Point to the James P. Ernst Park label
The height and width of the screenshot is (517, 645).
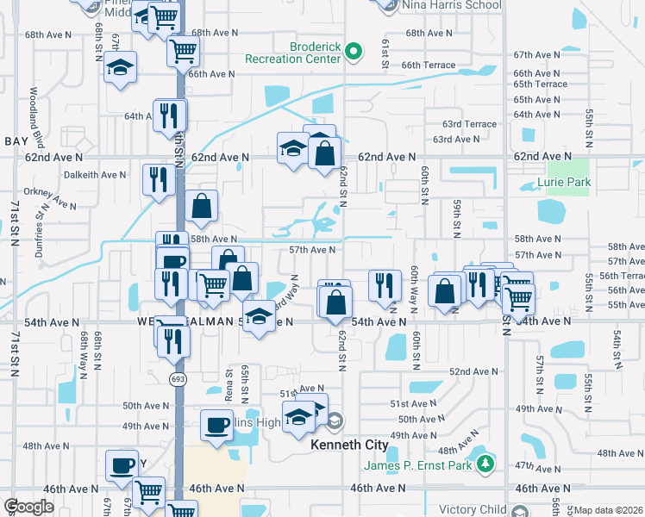tap(417, 465)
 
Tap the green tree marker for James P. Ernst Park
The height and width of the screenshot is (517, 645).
tap(485, 464)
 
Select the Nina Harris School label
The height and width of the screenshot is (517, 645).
tap(451, 5)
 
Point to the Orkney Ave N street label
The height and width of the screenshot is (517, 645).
tap(51, 197)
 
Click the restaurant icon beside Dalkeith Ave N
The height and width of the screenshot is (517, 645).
tap(158, 178)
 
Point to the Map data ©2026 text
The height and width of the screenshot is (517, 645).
tap(608, 510)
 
